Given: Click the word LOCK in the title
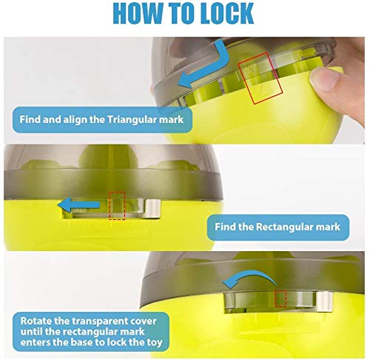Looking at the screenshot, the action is (227, 13).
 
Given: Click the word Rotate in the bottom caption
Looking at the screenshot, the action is (36, 321).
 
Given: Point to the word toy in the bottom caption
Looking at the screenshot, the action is (154, 342).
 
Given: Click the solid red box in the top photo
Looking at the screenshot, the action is (260, 78).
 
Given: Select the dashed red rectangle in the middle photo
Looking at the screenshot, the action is (117, 206).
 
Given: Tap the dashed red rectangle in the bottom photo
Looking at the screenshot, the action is (280, 299).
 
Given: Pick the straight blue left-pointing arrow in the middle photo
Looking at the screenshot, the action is (78, 204).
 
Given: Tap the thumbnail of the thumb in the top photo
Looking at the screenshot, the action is (324, 80).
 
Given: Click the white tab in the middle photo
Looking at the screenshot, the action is (152, 209).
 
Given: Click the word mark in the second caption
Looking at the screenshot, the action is (329, 227).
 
